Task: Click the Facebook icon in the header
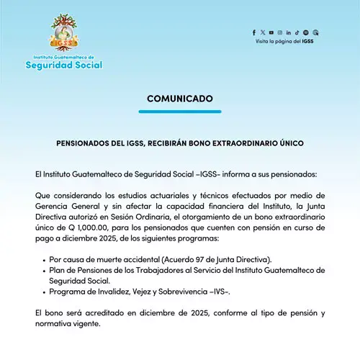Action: click(254, 32)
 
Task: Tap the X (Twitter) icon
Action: click(263, 32)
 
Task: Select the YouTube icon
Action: click(271, 32)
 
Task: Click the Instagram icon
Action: click(280, 32)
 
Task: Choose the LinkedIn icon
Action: click(289, 32)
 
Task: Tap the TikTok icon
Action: click(297, 32)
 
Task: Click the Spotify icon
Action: click(306, 32)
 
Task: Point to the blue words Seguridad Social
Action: click(63, 65)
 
